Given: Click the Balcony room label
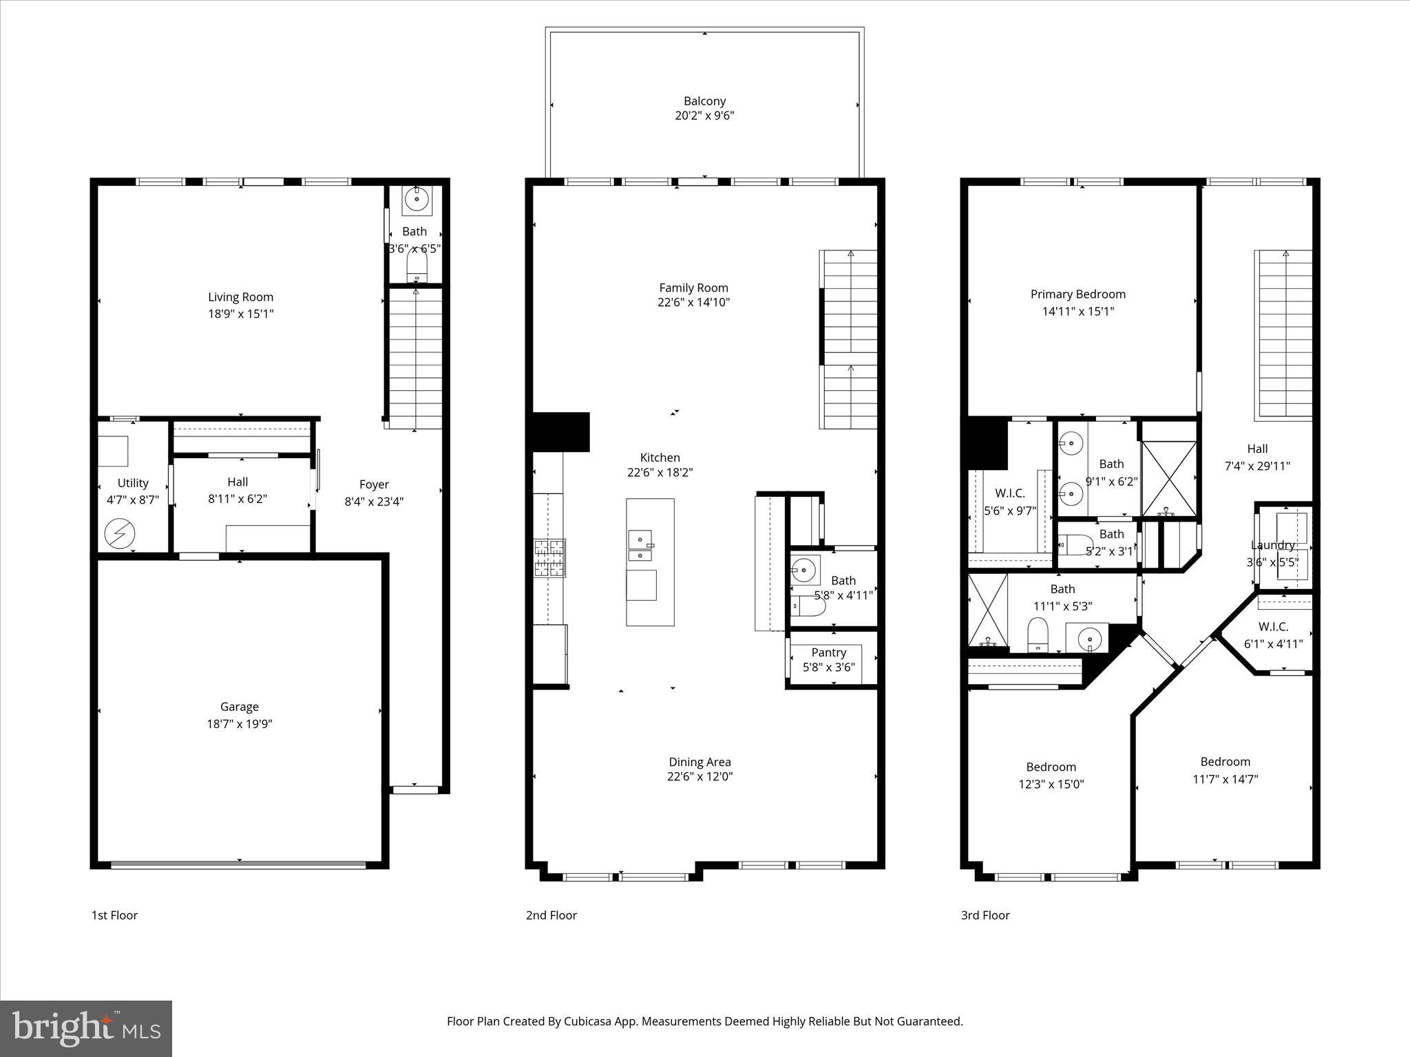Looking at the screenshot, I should (704, 100).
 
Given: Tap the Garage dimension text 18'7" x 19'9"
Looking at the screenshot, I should (239, 723).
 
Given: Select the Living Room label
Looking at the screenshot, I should (240, 297).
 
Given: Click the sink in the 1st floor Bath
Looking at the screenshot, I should (417, 200).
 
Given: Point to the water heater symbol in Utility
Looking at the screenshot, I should (120, 534).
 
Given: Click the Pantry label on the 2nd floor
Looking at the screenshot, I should (828, 652).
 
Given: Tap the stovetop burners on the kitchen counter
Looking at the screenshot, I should (550, 557).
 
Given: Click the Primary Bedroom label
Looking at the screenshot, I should (1077, 294).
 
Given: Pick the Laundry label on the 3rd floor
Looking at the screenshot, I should (1272, 545).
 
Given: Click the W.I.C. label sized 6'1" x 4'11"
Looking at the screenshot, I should (1273, 626).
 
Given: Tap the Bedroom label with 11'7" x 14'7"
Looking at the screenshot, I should (1225, 761).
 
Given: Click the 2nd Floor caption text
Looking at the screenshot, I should (551, 915).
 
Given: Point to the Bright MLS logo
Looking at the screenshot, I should (86, 1028).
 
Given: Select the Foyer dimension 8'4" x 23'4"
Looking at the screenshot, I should (374, 502).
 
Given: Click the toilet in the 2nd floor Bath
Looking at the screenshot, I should (809, 606).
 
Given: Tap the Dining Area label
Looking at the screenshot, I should (699, 761).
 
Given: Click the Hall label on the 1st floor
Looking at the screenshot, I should (238, 482).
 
